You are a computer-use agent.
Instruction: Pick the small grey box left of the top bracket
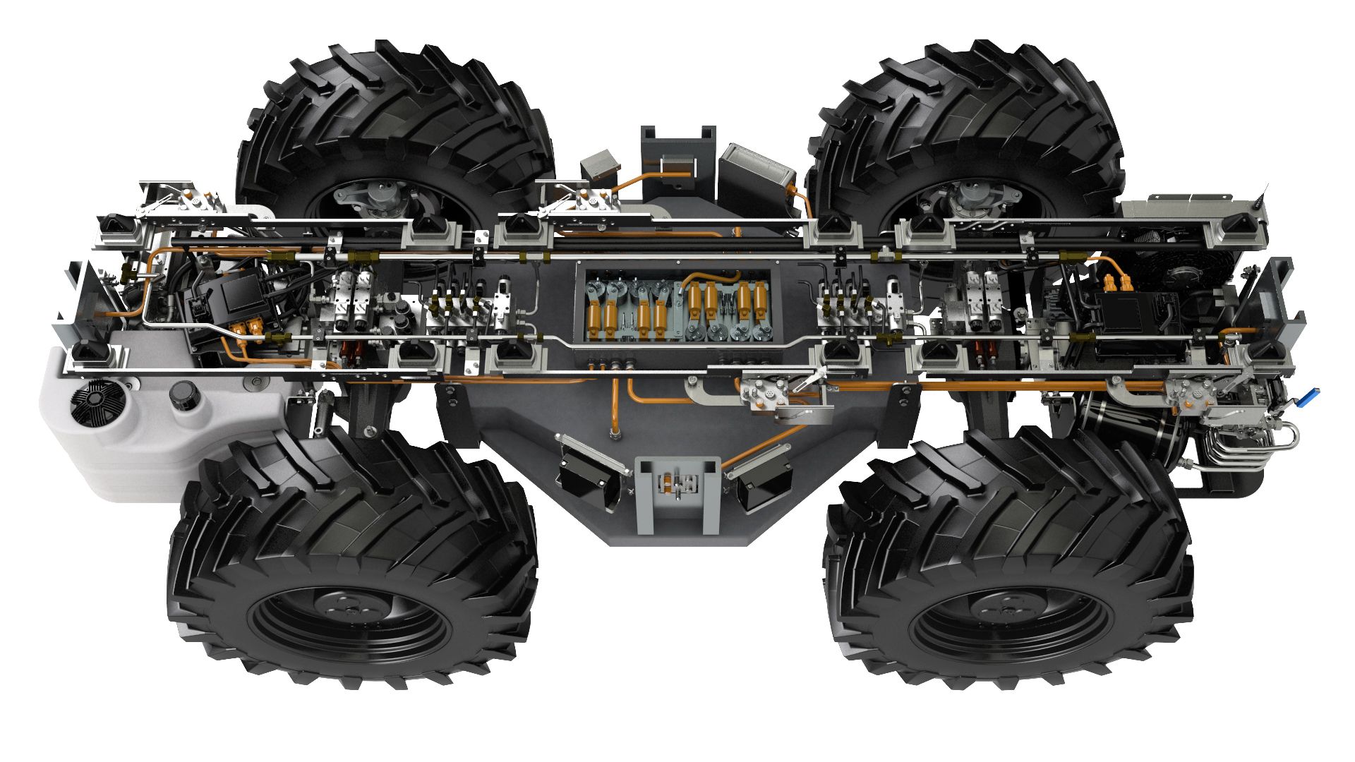click(x=601, y=164)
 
